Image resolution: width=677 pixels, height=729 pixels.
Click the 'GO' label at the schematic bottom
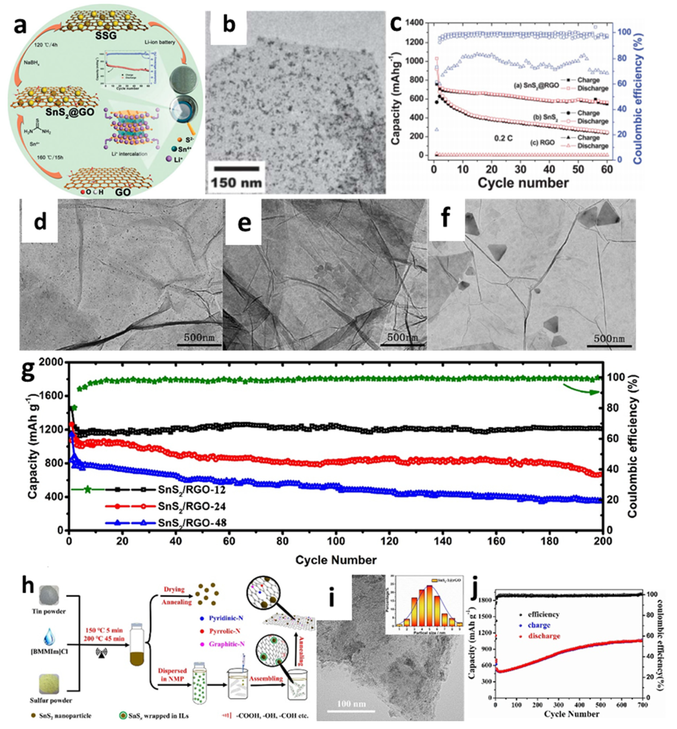pyautogui.click(x=123, y=192)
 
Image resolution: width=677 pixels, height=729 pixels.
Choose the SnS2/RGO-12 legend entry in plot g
pyautogui.click(x=192, y=489)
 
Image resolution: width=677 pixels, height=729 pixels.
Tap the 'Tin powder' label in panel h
pyautogui.click(x=49, y=611)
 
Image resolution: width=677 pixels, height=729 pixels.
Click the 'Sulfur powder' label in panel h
pyautogui.click(x=51, y=700)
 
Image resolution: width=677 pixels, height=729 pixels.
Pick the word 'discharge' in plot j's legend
pyautogui.click(x=544, y=636)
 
